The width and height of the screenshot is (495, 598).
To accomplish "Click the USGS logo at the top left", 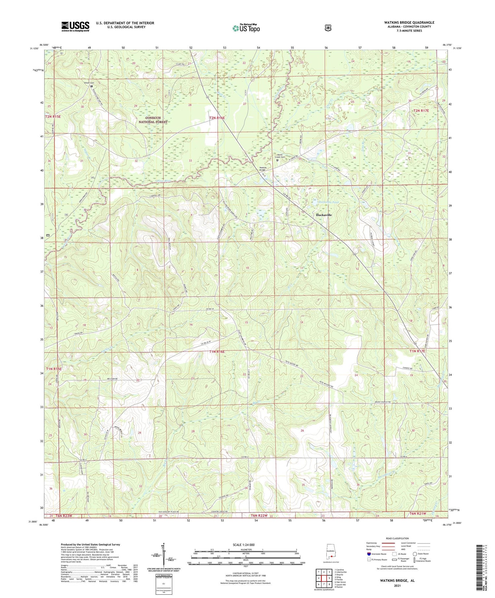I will [75, 26].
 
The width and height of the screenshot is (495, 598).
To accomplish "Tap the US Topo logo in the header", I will [246, 28].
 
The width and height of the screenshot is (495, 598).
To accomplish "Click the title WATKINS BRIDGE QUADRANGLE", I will [409, 22].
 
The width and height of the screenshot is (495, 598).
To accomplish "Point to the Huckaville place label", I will [324, 215].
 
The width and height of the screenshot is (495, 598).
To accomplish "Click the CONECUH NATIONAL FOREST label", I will [153, 120].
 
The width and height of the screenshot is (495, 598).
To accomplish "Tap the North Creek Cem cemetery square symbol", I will [277, 161].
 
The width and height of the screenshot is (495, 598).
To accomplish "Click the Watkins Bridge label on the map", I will [263, 169].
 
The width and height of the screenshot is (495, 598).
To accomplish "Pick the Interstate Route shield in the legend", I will [369, 554].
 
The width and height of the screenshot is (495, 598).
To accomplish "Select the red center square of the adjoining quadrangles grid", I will [324, 576].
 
